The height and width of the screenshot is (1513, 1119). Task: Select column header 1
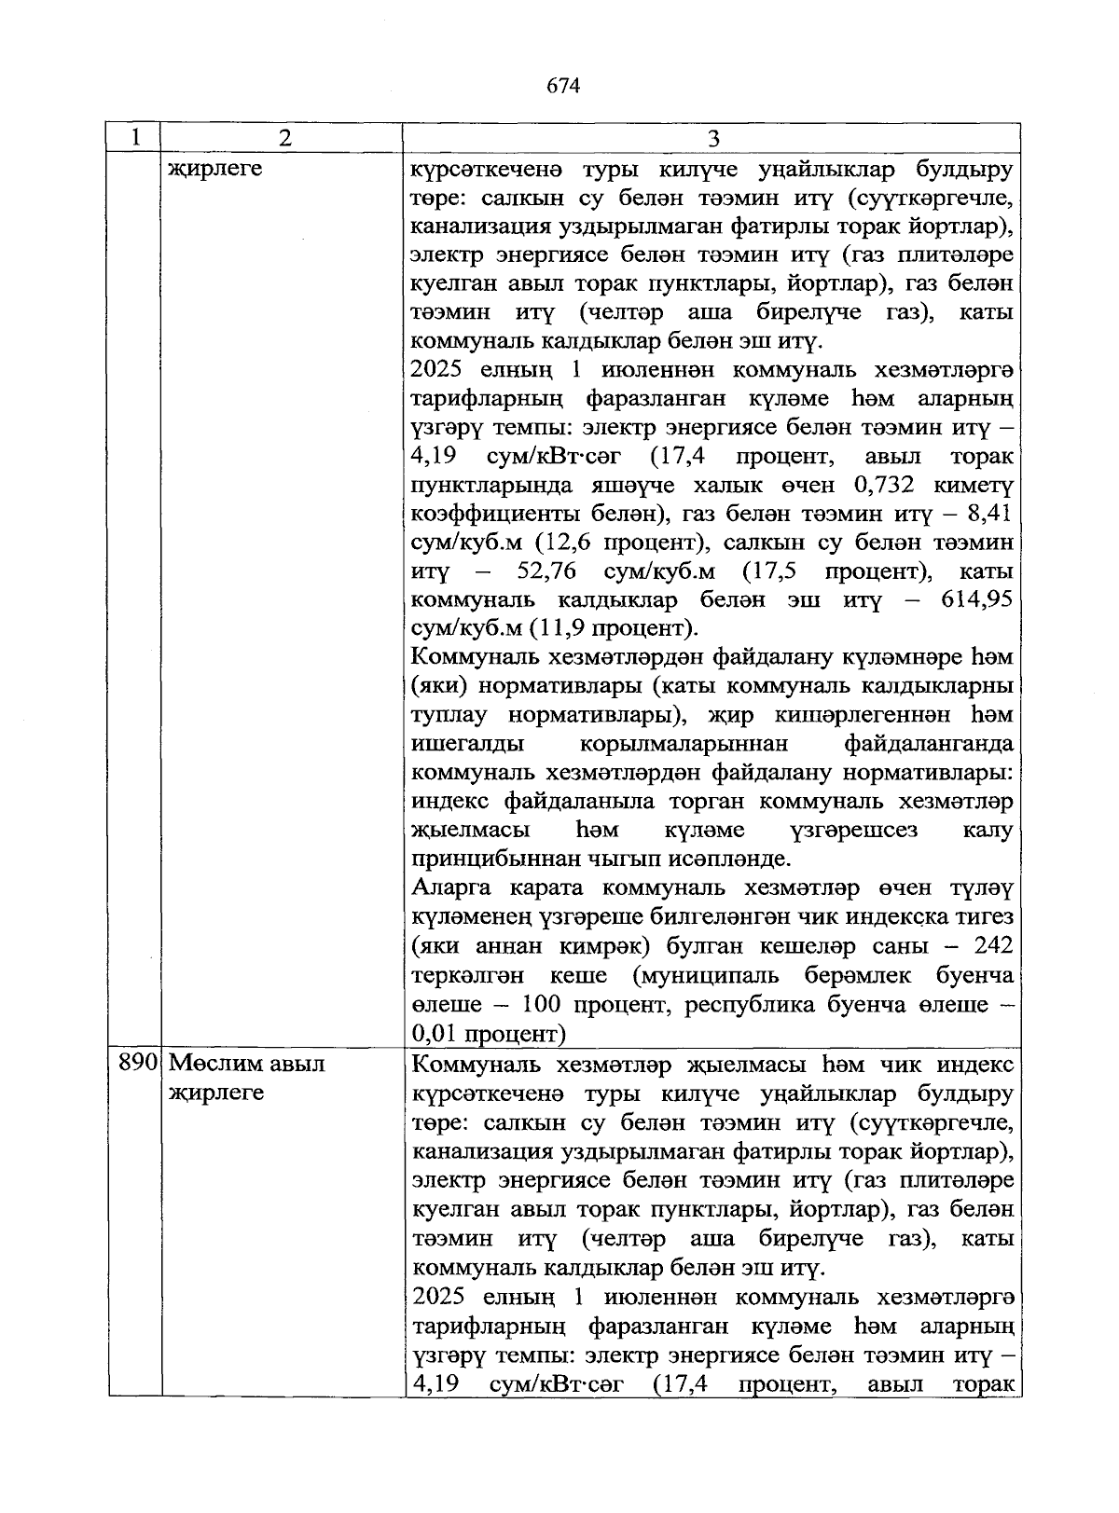(135, 138)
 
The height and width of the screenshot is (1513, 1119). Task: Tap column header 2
(284, 138)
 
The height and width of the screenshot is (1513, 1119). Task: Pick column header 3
(713, 138)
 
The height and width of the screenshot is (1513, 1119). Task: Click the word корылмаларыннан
(684, 743)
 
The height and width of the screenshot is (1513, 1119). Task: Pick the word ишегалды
(466, 743)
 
